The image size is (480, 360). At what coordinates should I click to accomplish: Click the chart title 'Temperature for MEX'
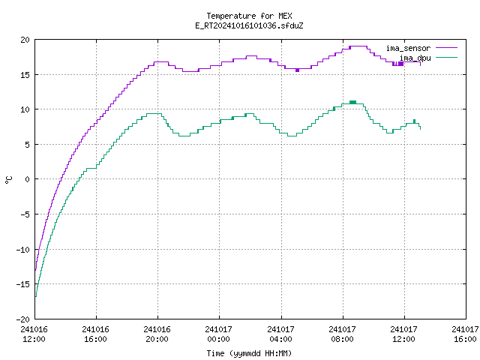point(249,16)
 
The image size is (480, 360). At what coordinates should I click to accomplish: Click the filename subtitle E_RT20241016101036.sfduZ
point(249,25)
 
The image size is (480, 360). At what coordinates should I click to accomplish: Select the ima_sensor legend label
point(408,48)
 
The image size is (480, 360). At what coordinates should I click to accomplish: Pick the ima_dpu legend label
point(415,58)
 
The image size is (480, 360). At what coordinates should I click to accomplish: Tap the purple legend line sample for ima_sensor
point(446,48)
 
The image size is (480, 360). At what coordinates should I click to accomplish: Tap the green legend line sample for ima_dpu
point(446,57)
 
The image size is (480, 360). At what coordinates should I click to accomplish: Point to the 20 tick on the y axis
point(25,40)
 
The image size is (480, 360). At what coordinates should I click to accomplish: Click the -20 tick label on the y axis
point(23,319)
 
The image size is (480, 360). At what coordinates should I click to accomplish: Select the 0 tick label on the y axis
point(27,179)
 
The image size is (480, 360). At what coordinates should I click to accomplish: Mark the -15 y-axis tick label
point(23,284)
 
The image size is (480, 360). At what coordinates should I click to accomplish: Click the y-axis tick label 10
point(25,109)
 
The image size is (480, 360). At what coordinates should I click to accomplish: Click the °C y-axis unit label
point(9,180)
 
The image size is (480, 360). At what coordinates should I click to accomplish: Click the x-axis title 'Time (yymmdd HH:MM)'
point(249,353)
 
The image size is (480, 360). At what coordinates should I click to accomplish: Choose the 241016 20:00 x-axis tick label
point(157,334)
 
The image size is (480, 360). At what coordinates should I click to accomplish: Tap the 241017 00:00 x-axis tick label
point(218,334)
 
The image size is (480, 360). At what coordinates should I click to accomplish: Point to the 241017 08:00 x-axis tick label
point(342,334)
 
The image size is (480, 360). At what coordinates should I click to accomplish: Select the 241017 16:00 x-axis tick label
point(465,334)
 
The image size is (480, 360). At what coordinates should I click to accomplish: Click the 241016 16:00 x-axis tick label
point(95,334)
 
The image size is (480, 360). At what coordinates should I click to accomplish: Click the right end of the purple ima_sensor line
point(420,65)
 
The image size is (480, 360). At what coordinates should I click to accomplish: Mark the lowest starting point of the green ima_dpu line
point(36,296)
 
